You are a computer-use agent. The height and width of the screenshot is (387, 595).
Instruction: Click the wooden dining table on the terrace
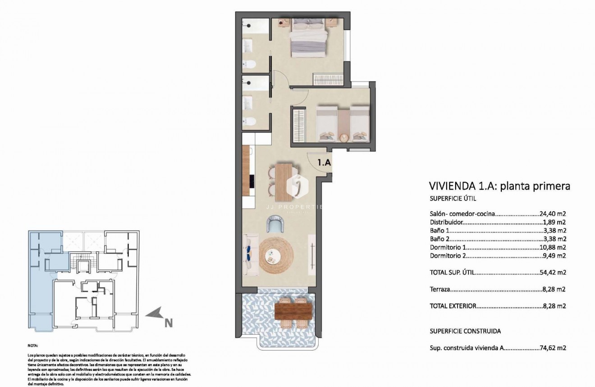(x=293, y=310)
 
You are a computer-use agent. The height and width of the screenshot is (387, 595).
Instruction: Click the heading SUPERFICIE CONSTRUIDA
(x=465, y=331)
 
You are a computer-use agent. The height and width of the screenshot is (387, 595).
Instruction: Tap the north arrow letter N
(x=169, y=322)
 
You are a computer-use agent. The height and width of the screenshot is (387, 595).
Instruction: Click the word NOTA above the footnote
(x=33, y=346)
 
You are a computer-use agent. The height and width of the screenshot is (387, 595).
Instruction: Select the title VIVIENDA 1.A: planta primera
(x=499, y=186)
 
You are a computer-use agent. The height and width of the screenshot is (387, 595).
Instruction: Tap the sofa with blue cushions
(x=249, y=255)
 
